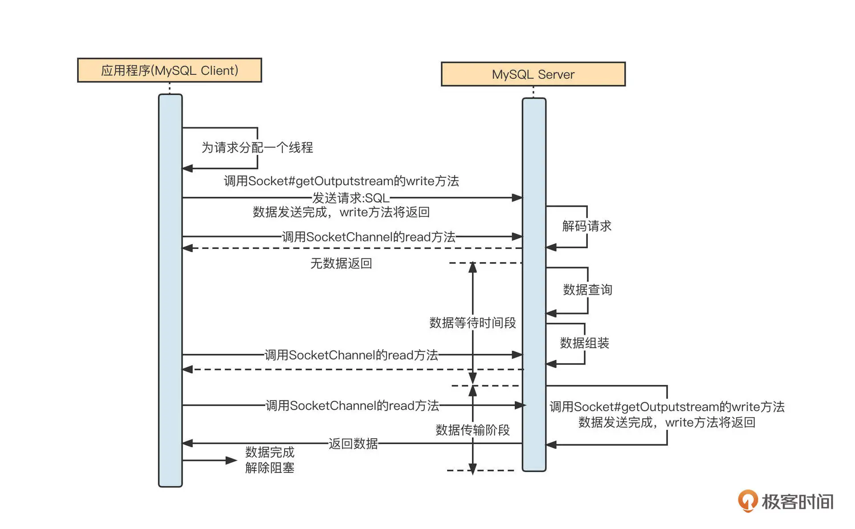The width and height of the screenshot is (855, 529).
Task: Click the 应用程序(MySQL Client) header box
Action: pyautogui.click(x=169, y=70)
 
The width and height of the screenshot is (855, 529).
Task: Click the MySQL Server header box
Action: pyautogui.click(x=533, y=74)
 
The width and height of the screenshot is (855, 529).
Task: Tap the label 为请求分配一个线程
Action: pyautogui.click(x=257, y=147)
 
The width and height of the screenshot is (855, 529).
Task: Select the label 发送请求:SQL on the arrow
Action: pyautogui.click(x=350, y=198)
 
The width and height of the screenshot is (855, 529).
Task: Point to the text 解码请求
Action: pyautogui.click(x=586, y=226)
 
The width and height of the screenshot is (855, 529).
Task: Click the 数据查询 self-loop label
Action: pyautogui.click(x=587, y=290)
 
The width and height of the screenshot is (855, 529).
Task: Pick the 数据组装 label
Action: pyautogui.click(x=584, y=343)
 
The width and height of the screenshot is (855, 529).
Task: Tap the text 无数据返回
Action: pyautogui.click(x=341, y=264)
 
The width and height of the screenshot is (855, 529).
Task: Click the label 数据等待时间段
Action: pyautogui.click(x=472, y=323)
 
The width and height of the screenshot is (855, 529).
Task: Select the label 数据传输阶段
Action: pyautogui.click(x=472, y=430)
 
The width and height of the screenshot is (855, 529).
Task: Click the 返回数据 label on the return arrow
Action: pyautogui.click(x=353, y=444)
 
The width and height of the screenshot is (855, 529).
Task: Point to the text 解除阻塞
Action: pyautogui.click(x=269, y=468)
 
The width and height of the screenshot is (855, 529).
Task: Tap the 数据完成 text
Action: pyautogui.click(x=269, y=452)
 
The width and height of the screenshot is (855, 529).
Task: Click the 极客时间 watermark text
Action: pyautogui.click(x=797, y=502)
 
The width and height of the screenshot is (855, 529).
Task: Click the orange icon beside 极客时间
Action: pyautogui.click(x=748, y=501)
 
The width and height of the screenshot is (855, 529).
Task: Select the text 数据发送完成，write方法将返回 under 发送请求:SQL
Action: pyautogui.click(x=341, y=212)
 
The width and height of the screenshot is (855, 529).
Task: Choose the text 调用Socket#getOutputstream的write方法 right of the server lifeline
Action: pyautogui.click(x=667, y=407)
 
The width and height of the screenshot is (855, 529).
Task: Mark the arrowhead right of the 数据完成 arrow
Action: pyautogui.click(x=232, y=460)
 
